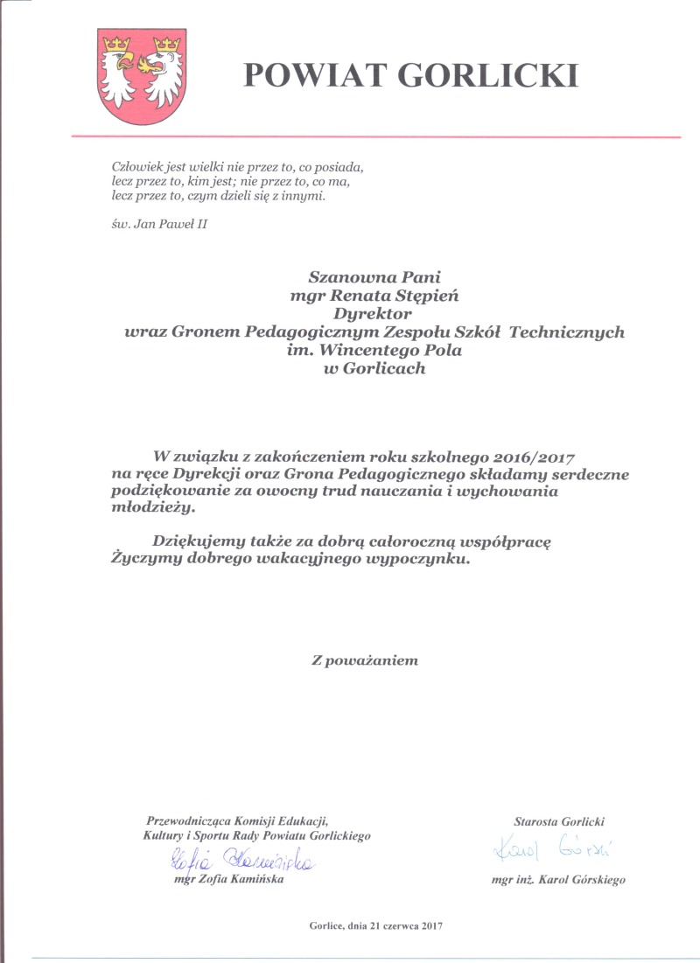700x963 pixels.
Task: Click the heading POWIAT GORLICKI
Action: tap(410, 75)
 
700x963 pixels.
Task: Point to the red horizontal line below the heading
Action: tap(375, 136)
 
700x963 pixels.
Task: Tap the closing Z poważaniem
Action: tap(366, 660)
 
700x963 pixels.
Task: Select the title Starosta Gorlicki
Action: tap(559, 821)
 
